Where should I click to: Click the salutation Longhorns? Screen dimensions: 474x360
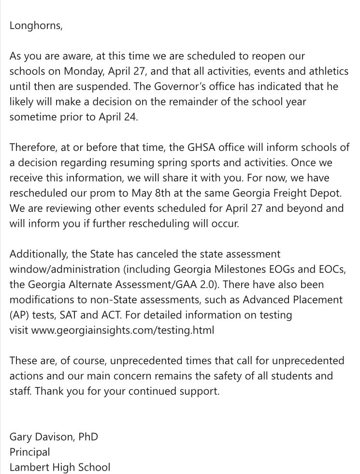(x=36, y=26)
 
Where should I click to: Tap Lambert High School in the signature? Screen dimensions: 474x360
(x=60, y=467)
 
